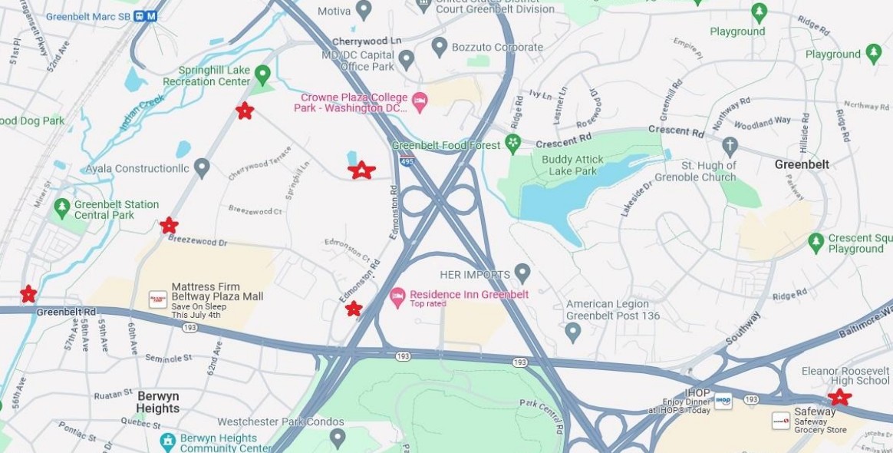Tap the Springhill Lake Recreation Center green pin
pos(262,74)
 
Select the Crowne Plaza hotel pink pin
pos(419,101)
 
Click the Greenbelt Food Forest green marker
pos(512,143)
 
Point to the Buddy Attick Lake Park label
pos(572,165)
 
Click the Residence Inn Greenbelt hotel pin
pos(397,295)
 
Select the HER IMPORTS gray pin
pos(522,273)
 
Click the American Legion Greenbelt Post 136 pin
pos(572,332)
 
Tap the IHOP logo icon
pos(723,401)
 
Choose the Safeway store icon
pos(781,421)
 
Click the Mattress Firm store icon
pos(158,299)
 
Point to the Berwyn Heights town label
pos(157,402)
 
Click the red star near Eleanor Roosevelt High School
pos(840,397)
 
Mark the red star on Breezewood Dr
pos(169,226)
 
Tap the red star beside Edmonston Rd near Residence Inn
pos(354,309)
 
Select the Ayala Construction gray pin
pos(202,167)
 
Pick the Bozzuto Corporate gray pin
pos(440,47)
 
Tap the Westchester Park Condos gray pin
pos(338,438)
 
